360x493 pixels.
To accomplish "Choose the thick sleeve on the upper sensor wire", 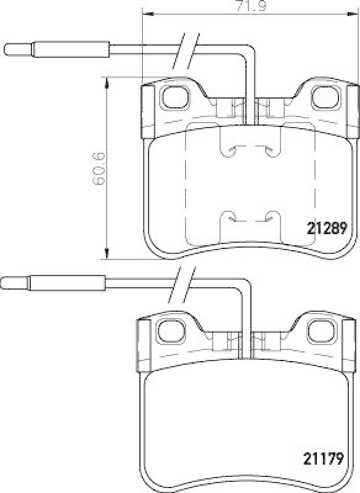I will pos(71,48).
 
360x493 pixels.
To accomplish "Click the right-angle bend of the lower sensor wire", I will pos(246,287).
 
